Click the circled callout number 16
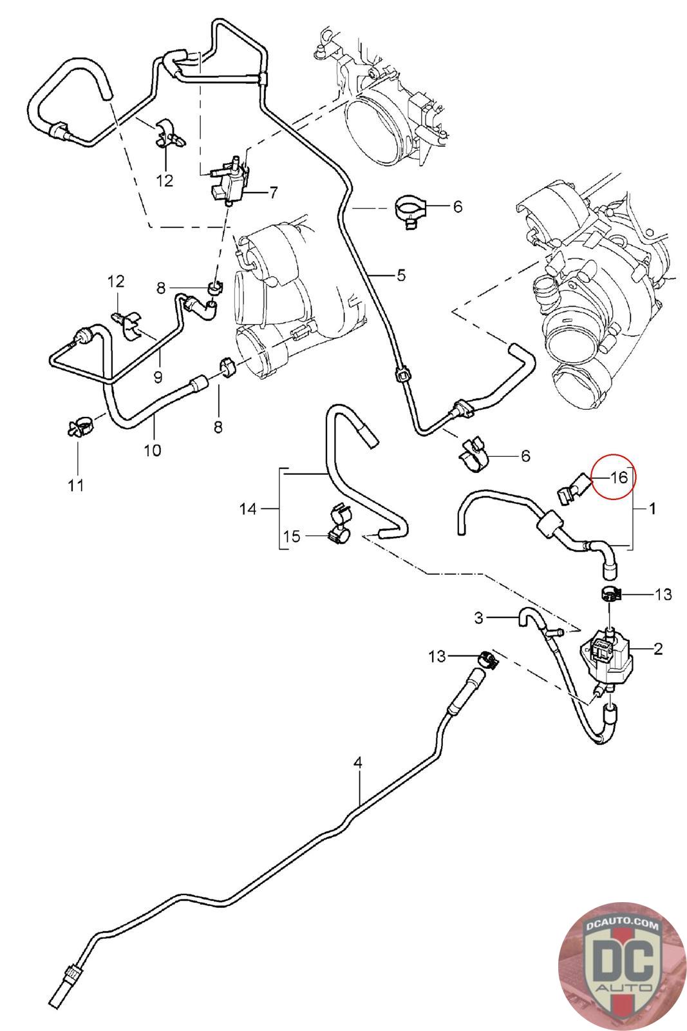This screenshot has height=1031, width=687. [x=618, y=478]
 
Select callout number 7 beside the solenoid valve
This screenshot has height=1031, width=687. [x=273, y=192]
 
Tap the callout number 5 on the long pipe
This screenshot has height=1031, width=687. [x=400, y=276]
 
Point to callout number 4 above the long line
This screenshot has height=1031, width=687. [x=358, y=763]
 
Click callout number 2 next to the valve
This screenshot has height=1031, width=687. [x=658, y=648]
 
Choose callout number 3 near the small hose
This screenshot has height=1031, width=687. [x=478, y=618]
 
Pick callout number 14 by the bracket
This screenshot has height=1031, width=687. [x=248, y=509]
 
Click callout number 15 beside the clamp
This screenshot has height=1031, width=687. [x=292, y=536]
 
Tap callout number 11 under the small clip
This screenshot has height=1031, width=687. [x=76, y=484]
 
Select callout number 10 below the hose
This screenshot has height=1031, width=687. [x=153, y=450]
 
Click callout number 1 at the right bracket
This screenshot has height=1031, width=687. [x=652, y=509]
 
